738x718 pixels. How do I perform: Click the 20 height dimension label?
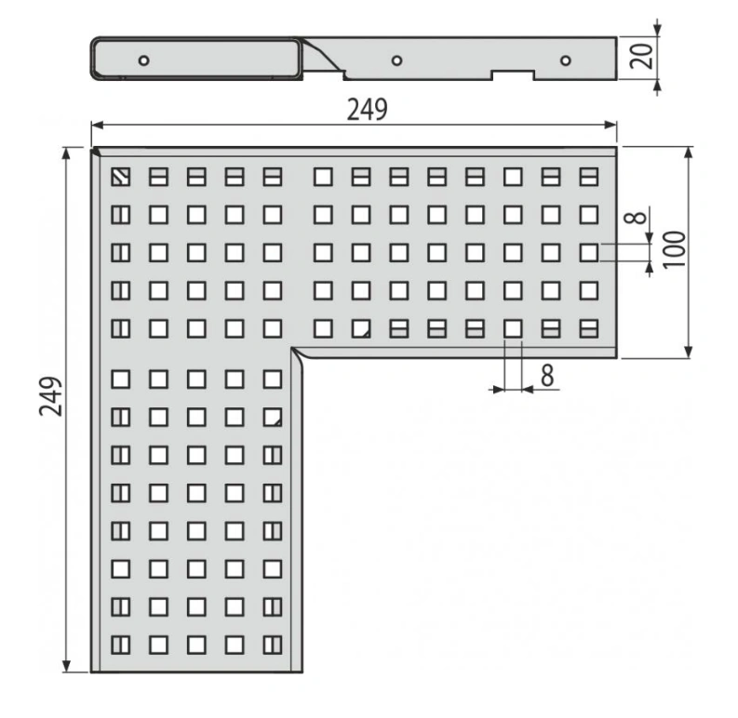[642, 57]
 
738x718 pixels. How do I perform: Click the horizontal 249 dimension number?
[367, 109]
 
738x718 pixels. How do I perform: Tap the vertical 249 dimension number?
[50, 396]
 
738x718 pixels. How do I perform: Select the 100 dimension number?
[674, 249]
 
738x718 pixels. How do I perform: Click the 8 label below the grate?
[547, 375]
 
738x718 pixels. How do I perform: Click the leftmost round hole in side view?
[144, 60]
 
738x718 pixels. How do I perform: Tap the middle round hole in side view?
[396, 60]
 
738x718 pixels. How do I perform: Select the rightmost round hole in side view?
[566, 60]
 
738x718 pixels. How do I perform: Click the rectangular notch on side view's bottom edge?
[513, 74]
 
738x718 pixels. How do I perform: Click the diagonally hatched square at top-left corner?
[120, 177]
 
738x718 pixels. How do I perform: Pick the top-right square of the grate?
[589, 177]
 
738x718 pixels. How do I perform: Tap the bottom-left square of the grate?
[120, 645]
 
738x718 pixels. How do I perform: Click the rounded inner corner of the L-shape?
[298, 353]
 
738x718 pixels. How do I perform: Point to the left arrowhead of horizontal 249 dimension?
[97, 125]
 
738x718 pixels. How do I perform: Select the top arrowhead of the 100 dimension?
[688, 153]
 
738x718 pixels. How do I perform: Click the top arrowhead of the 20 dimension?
[658, 30]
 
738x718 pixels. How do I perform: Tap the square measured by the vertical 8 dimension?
[589, 253]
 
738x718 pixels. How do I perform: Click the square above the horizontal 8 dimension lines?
[513, 328]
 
